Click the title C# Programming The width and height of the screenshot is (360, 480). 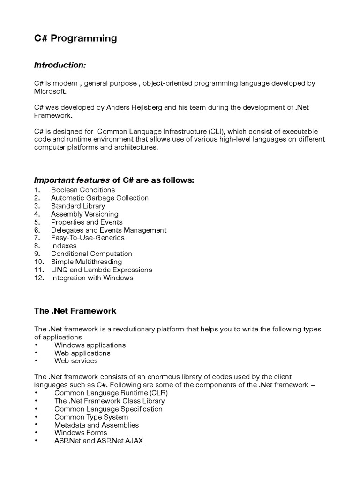click(75, 39)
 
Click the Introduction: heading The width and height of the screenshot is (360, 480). click(60, 65)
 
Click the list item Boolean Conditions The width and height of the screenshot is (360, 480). click(83, 190)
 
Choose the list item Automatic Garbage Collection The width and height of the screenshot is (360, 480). click(100, 198)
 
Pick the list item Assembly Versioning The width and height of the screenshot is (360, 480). click(84, 214)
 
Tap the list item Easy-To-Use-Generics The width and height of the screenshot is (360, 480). click(88, 238)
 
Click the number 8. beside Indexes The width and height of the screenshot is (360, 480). click(37, 246)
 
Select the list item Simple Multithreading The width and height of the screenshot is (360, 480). click(86, 262)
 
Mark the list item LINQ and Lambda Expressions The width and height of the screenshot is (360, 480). click(101, 270)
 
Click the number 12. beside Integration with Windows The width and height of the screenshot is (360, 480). click(39, 277)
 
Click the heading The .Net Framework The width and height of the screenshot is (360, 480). click(75, 311)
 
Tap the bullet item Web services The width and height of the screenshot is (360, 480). click(76, 361)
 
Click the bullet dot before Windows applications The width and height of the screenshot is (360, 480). click(36, 345)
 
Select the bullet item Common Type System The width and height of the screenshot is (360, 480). click(91, 417)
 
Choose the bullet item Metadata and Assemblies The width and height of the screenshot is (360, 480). click(97, 425)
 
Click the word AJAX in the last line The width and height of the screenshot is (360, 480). click(134, 441)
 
